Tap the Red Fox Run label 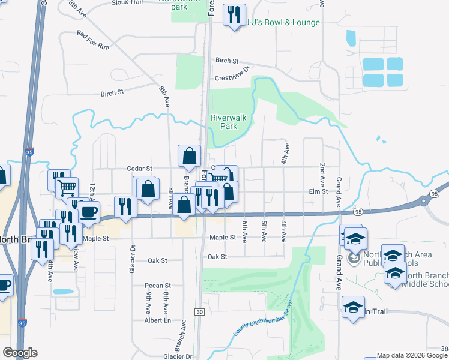(92, 40)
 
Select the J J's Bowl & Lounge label (282, 23)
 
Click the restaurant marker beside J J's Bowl (234, 14)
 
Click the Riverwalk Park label (224, 122)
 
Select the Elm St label (318, 191)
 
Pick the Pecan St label (158, 286)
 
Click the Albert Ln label (158, 321)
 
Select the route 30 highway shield (199, 312)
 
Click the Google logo (20, 353)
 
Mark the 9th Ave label (148, 301)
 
